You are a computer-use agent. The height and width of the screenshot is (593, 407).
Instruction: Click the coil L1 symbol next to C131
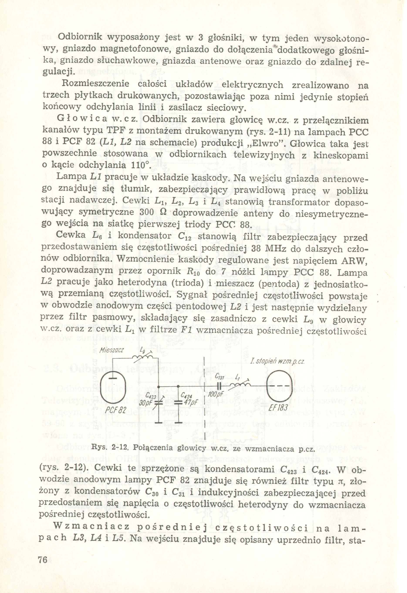239,384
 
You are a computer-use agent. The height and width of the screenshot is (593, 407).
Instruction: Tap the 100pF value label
216,394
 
